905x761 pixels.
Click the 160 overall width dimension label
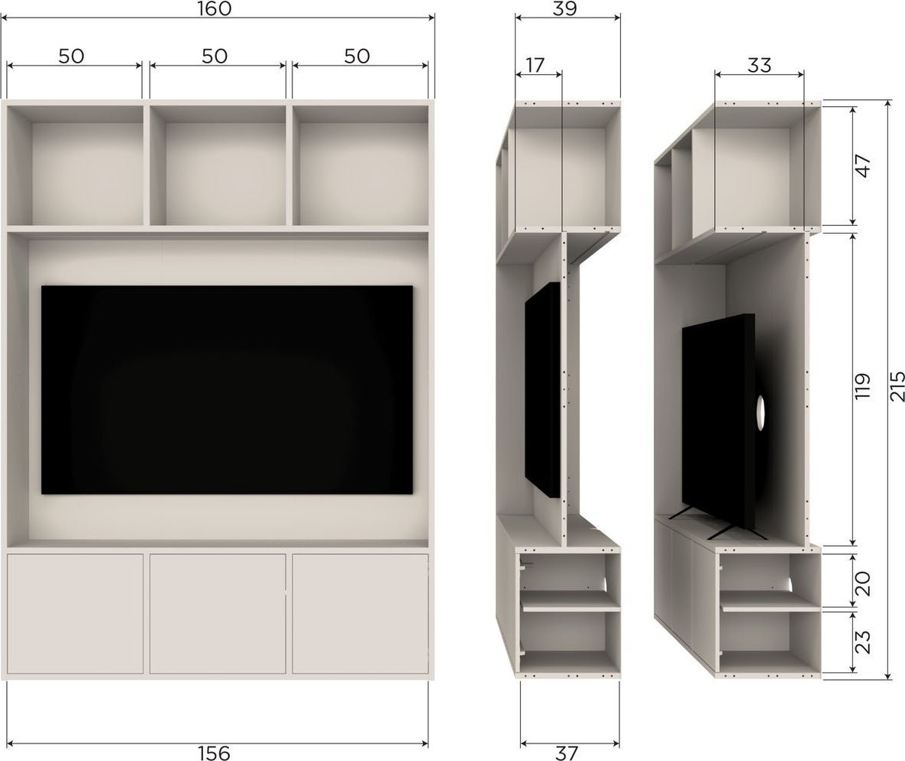pyautogui.click(x=214, y=8)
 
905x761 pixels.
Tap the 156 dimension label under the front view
pyautogui.click(x=214, y=753)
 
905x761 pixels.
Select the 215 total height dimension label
pyautogui.click(x=897, y=385)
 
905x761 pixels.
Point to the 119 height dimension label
pyautogui.click(x=862, y=386)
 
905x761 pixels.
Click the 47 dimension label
pyautogui.click(x=862, y=166)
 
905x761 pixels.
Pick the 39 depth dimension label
pyautogui.click(x=564, y=8)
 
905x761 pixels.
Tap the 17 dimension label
pyautogui.click(x=535, y=65)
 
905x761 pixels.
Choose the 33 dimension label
pyautogui.click(x=759, y=65)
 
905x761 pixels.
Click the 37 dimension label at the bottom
pyautogui.click(x=566, y=753)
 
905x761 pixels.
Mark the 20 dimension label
pyautogui.click(x=862, y=583)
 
